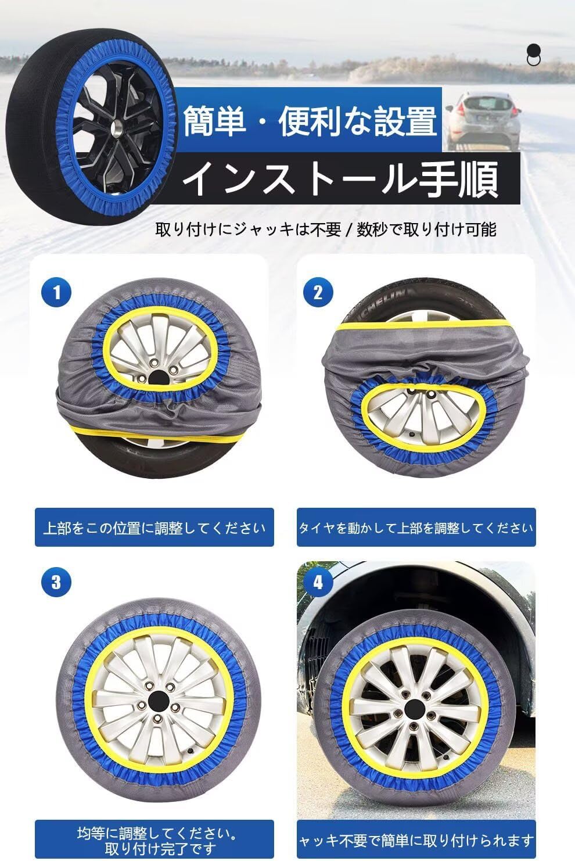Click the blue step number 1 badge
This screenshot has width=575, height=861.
click(56, 292)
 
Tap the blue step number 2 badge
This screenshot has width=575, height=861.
click(318, 292)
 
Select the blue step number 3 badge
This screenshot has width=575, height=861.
click(56, 582)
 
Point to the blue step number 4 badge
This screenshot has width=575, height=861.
click(318, 582)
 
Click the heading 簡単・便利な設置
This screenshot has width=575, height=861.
click(310, 121)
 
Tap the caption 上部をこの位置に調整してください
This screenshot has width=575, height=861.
click(154, 528)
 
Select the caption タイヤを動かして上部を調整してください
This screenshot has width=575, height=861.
click(416, 528)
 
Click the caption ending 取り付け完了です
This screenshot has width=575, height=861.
click(154, 841)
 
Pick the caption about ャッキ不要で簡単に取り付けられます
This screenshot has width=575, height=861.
click(416, 840)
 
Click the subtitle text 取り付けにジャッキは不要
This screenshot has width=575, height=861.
click(248, 230)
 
